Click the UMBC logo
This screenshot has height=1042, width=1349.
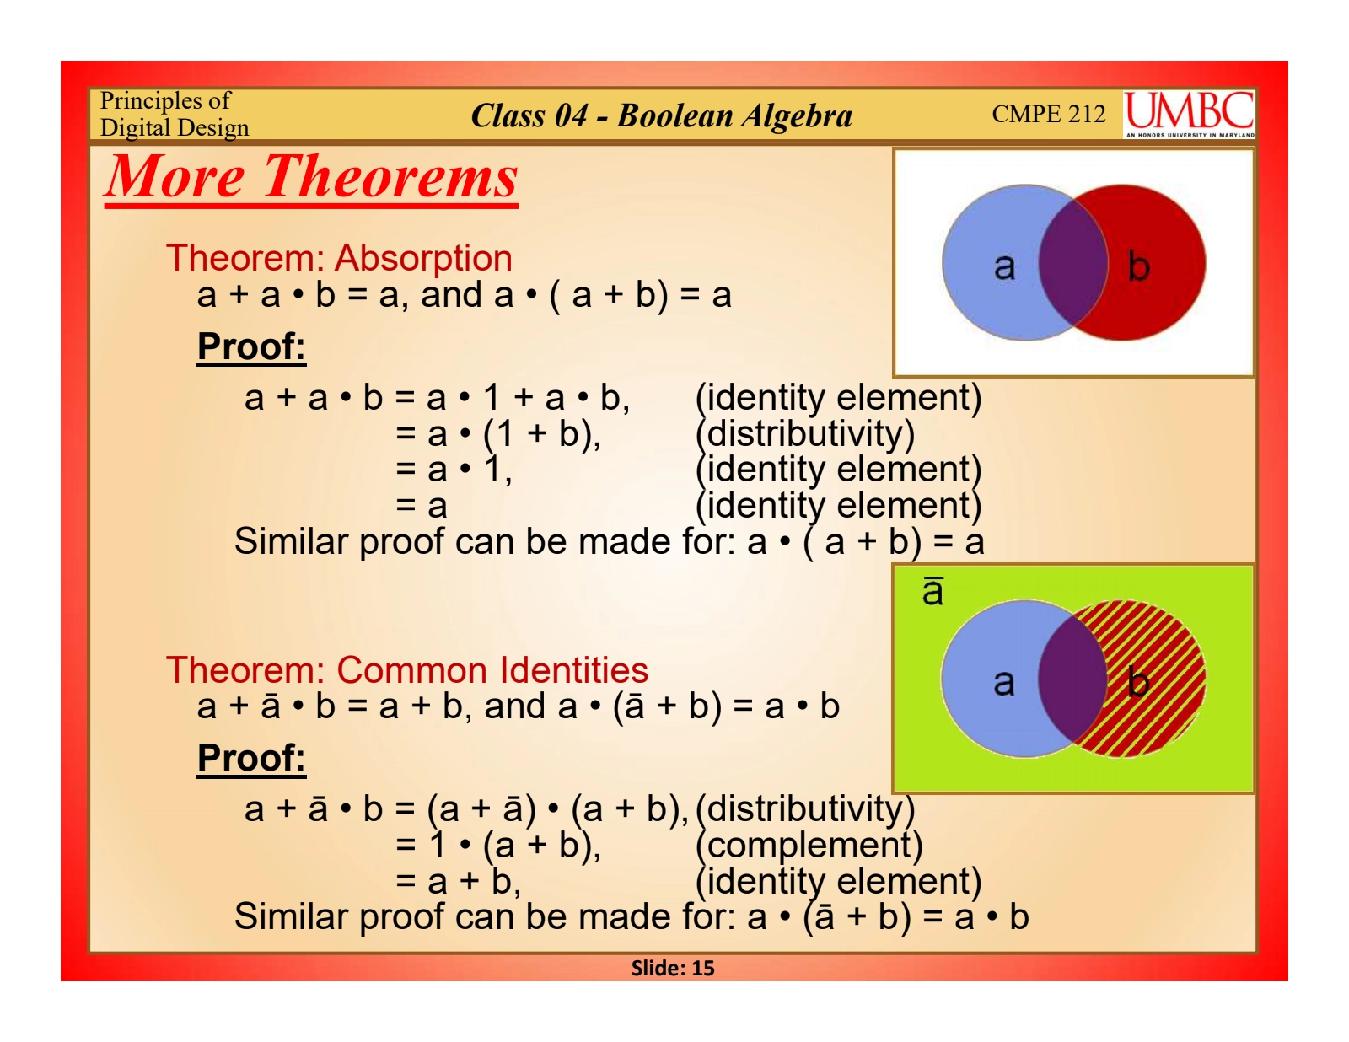click(1188, 114)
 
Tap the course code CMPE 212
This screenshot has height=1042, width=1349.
click(1049, 114)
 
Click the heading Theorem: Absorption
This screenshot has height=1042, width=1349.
click(339, 258)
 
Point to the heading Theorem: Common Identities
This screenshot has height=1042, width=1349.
click(407, 669)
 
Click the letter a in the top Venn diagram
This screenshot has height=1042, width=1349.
click(1004, 267)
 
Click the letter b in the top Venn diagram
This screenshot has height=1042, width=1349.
click(1138, 266)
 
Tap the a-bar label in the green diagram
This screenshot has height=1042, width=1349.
click(932, 591)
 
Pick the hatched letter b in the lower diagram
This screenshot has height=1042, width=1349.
click(1138, 681)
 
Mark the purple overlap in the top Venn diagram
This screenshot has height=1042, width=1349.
click(1073, 262)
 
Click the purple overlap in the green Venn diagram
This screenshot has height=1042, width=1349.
click(1072, 678)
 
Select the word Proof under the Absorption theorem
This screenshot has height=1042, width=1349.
click(251, 346)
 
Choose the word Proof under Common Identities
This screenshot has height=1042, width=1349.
click(251, 758)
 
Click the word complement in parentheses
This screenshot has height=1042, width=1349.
click(809, 846)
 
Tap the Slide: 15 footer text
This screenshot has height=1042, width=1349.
click(673, 968)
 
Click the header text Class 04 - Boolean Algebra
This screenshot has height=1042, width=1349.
click(661, 115)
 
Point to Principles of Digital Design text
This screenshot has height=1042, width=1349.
click(174, 114)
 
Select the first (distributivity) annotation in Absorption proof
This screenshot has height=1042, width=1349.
click(804, 433)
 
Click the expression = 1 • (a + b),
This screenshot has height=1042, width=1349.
click(498, 846)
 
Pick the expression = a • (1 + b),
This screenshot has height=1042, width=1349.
click(498, 433)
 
